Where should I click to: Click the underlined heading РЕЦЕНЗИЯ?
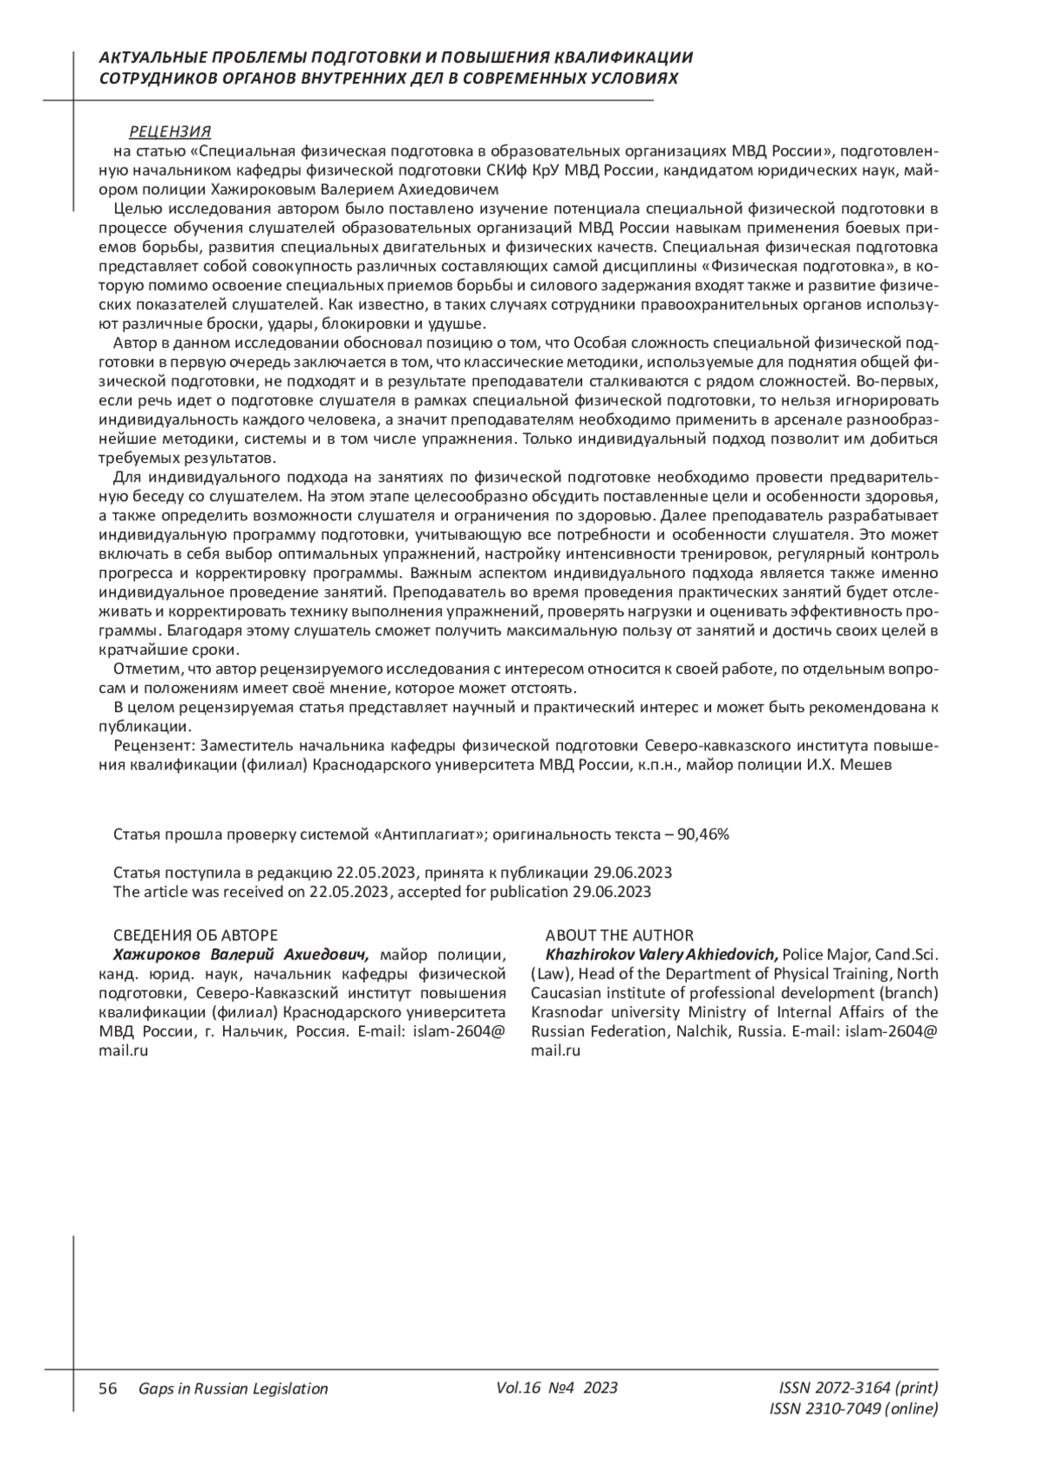pyautogui.click(x=170, y=132)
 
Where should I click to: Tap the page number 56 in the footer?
pyautogui.click(x=108, y=1388)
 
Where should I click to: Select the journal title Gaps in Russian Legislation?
pyautogui.click(x=233, y=1388)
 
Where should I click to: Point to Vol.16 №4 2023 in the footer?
pyautogui.click(x=557, y=1388)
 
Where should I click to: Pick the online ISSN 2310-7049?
pyautogui.click(x=853, y=1409)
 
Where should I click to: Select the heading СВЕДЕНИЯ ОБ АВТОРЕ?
pyautogui.click(x=195, y=935)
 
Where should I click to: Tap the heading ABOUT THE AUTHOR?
pyautogui.click(x=618, y=935)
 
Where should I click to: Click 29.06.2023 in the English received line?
pyautogui.click(x=612, y=892)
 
